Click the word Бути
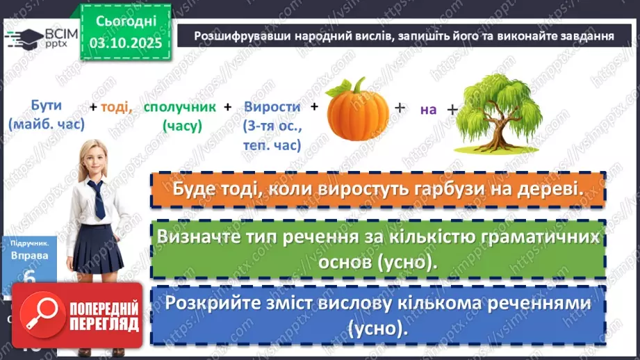pyautogui.click(x=47, y=106)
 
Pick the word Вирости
pyautogui.click(x=272, y=107)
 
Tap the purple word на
pyautogui.click(x=427, y=109)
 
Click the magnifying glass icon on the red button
pyautogui.click(x=40, y=314)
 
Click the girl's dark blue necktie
pyautogui.click(x=99, y=198)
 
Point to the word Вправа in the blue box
pyautogui.click(x=29, y=255)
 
